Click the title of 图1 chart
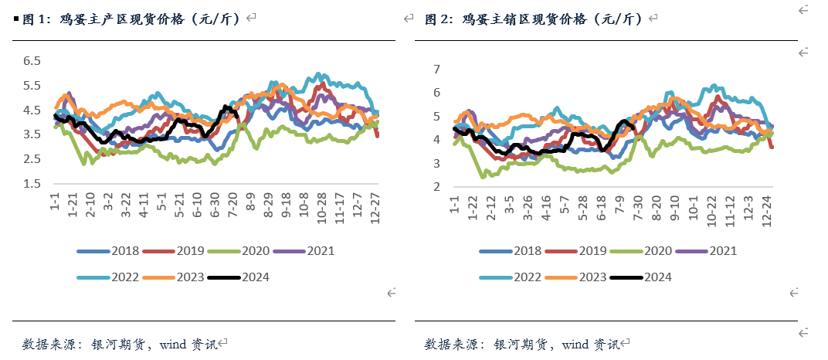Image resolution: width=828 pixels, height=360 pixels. click(131, 18)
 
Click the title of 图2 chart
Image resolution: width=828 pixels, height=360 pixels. click(533, 18)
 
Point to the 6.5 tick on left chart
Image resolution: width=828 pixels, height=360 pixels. click(31, 61)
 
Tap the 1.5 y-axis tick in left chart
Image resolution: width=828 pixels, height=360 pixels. click(31, 184)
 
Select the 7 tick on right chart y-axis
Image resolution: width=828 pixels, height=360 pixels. click(436, 70)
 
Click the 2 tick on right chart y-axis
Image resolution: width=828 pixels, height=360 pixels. click(436, 187)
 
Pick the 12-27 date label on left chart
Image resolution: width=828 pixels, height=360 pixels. click(376, 209)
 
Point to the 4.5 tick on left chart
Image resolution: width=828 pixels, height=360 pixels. click(31, 110)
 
